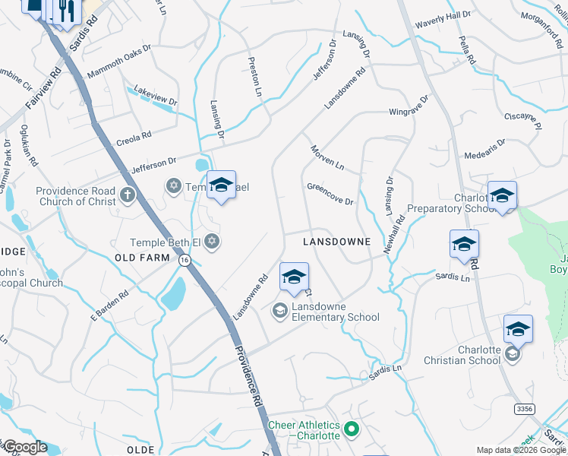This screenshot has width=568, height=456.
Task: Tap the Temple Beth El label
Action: click(166, 242)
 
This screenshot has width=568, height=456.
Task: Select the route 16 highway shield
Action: click(185, 260)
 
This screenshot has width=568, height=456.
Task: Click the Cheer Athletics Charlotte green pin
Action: click(351, 430)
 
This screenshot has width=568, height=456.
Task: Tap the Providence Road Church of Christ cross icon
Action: click(128, 195)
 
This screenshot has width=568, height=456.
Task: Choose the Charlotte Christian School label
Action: click(467, 355)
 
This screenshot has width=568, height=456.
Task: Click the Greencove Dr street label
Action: click(330, 194)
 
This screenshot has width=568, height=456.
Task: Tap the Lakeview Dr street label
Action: click(155, 96)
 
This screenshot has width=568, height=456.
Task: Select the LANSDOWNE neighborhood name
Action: click(336, 242)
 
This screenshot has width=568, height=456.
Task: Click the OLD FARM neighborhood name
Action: click(142, 258)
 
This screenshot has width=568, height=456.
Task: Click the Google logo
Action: click(24, 447)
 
